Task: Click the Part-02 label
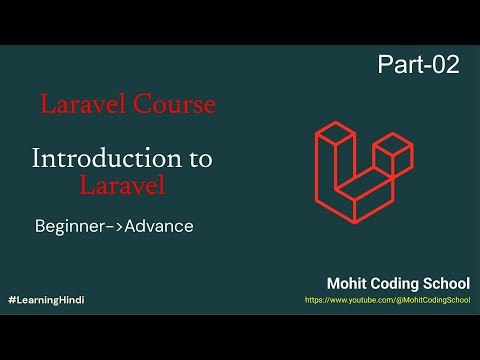(418, 65)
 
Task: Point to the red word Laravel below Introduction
(122, 185)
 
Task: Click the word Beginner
(69, 227)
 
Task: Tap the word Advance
(157, 227)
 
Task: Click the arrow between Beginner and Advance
(112, 227)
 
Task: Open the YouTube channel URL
(387, 300)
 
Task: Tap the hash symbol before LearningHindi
(11, 300)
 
